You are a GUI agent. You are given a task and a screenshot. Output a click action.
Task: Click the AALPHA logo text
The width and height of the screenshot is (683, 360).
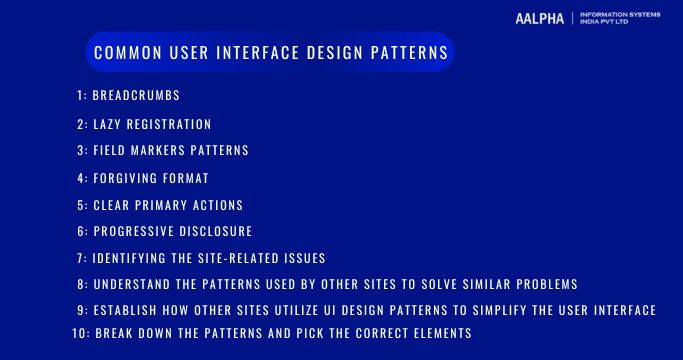[x=540, y=19]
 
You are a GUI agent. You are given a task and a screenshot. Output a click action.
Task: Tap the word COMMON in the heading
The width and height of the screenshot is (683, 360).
[x=123, y=53]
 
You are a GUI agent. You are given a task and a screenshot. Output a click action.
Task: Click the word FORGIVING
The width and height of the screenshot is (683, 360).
[x=126, y=179]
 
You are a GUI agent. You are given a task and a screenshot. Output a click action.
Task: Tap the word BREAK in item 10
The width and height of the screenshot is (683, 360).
[x=115, y=333]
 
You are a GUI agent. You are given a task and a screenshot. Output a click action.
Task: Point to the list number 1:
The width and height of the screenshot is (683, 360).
[x=81, y=97]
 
